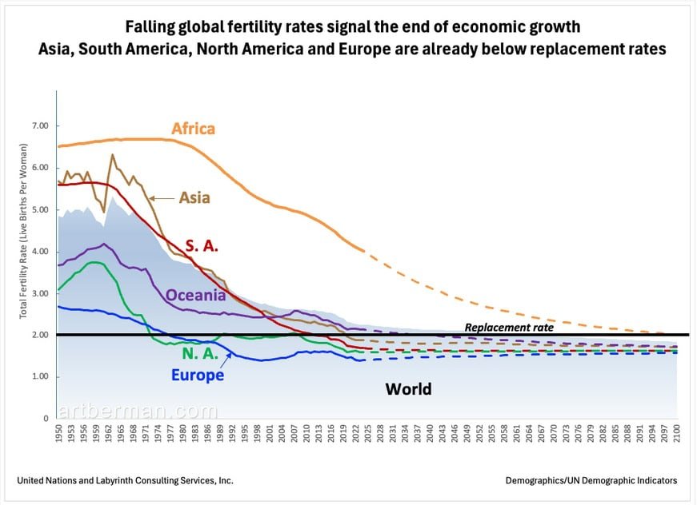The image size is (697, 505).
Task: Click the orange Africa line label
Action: [x=193, y=129]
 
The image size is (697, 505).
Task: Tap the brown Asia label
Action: [x=194, y=197]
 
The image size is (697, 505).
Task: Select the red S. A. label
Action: [x=203, y=246]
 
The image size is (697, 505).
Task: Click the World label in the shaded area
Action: [x=408, y=389]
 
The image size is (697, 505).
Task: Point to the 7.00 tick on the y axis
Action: [x=39, y=126]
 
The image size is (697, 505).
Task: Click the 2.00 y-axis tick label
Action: [x=39, y=335]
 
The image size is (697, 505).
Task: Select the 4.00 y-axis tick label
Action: [x=39, y=252]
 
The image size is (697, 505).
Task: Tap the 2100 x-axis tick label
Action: [x=676, y=435]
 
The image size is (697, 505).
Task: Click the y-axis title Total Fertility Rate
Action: [x=23, y=231]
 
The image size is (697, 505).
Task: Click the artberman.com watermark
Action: [x=136, y=412]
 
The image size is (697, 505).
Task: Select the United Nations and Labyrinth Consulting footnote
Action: [x=125, y=480]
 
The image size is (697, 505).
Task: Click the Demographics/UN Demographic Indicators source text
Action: [x=591, y=480]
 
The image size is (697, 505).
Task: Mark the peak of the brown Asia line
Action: [x=112, y=154]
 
